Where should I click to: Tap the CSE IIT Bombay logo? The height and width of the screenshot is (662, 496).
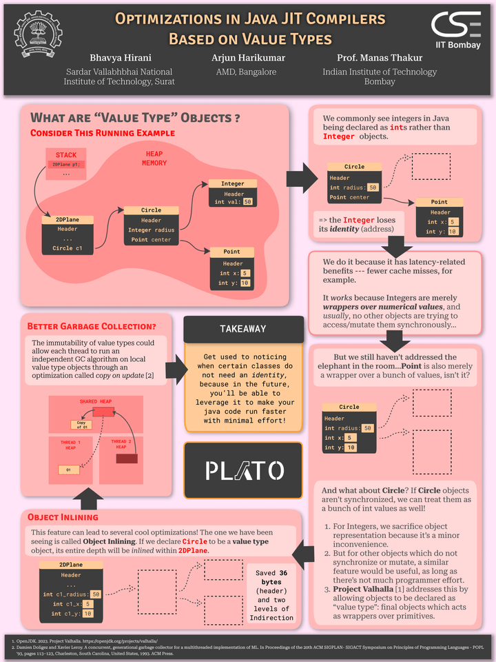coord(457,29)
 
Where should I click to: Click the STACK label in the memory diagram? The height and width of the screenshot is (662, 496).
coord(66,155)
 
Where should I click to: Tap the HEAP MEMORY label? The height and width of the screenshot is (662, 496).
coord(154,159)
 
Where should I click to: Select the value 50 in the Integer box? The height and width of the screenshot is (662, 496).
coord(247,201)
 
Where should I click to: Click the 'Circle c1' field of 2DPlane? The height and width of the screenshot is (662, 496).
coord(68,248)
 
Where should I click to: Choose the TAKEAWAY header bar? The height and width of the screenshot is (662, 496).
coord(242,329)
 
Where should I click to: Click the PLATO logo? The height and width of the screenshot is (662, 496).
coord(243,470)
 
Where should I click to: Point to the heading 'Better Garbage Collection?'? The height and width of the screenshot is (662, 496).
coord(90,325)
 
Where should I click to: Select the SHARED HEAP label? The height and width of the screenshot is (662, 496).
coord(95,401)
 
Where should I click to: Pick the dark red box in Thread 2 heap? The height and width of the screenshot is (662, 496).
coord(127,458)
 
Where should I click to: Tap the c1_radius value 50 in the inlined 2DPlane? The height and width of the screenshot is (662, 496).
coord(95,594)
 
